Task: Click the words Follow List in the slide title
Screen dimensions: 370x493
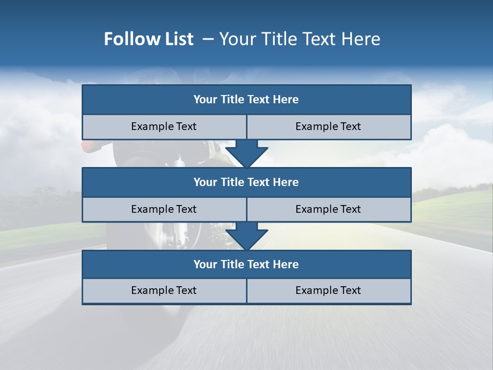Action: pos(148,39)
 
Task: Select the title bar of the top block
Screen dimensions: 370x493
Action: pos(246,100)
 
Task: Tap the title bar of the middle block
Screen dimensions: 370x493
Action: pos(246,182)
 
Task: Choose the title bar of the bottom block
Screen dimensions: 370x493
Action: pos(246,264)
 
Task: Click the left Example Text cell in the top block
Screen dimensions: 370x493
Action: pos(164,126)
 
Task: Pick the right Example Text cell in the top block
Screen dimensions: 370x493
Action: pos(328,126)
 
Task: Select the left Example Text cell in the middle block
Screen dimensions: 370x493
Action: pos(164,209)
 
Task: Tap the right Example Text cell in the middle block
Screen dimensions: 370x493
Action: pos(328,209)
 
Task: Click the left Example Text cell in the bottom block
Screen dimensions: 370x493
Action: pos(164,290)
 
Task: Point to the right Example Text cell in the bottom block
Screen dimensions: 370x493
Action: pos(328,290)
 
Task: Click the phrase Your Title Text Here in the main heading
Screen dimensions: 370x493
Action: pos(299,39)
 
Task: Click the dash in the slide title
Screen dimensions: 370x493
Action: pos(208,39)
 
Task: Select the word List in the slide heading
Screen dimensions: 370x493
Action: pos(176,39)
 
